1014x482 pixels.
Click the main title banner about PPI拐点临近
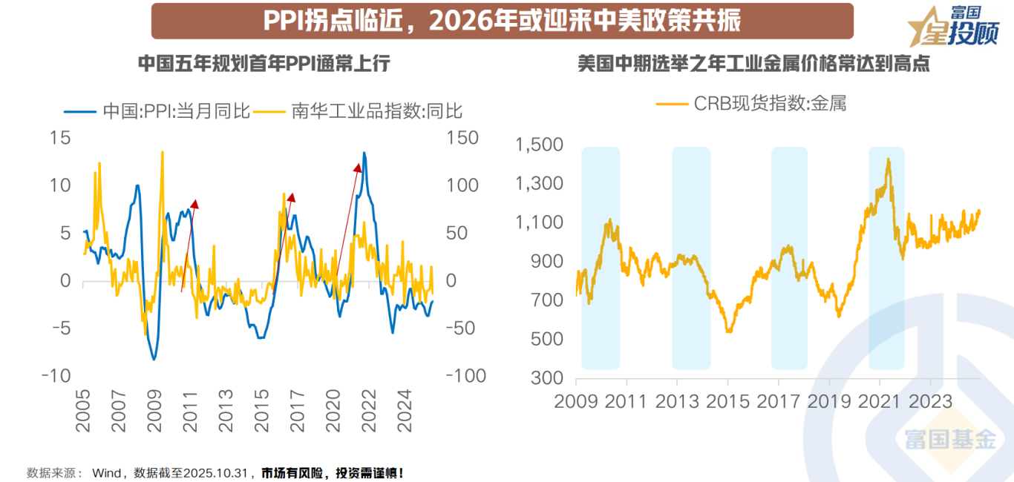pyautogui.click(x=502, y=21)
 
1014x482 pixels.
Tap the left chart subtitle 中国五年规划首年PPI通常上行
pyautogui.click(x=264, y=64)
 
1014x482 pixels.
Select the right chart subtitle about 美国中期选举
pyautogui.click(x=753, y=64)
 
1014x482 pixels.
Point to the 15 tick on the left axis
pyautogui.click(x=60, y=138)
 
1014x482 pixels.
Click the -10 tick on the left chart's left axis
pyautogui.click(x=56, y=376)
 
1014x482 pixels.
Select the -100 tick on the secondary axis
pyautogui.click(x=465, y=376)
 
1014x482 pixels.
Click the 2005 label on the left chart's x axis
pyautogui.click(x=83, y=412)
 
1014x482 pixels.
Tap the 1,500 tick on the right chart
pyautogui.click(x=540, y=145)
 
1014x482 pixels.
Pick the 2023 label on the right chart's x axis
pyautogui.click(x=931, y=402)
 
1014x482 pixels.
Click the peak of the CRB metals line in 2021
pyautogui.click(x=888, y=159)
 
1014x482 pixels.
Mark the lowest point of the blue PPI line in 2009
pyautogui.click(x=154, y=360)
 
